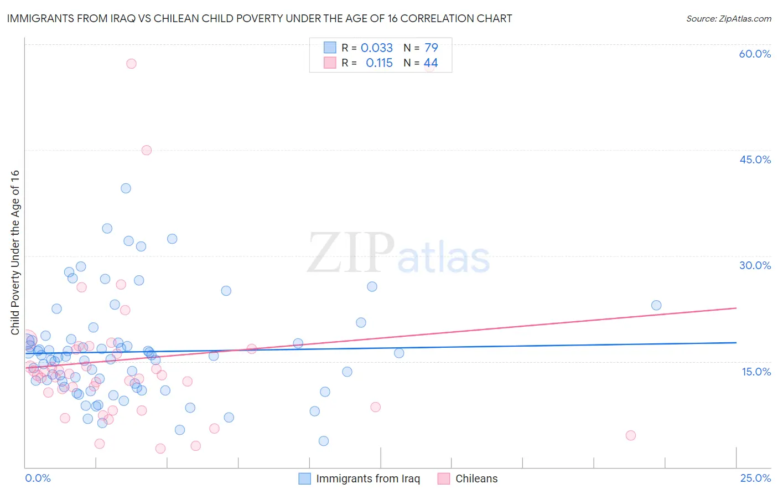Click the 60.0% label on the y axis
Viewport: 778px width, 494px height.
pos(755,54)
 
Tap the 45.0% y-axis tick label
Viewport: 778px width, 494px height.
pos(755,159)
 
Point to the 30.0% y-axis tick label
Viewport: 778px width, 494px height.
pos(755,265)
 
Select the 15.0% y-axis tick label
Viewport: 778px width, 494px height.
pos(756,371)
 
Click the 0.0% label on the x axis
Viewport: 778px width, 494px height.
pos(38,478)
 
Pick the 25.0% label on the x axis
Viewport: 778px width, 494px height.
pos(755,478)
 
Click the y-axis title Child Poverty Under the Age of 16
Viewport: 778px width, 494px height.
pos(15,252)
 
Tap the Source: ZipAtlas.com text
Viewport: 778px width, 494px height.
pos(728,18)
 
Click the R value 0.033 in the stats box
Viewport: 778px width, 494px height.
pos(376,48)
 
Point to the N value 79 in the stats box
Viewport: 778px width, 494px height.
pos(431,48)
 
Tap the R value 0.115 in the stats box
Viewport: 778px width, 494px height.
pos(379,63)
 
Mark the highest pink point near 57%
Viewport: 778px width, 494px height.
pos(131,64)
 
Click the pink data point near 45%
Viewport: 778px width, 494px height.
pos(147,150)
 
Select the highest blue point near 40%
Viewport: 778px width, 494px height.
pos(126,188)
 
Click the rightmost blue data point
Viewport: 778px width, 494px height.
pos(656,305)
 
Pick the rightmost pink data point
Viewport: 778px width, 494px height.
pos(631,435)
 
